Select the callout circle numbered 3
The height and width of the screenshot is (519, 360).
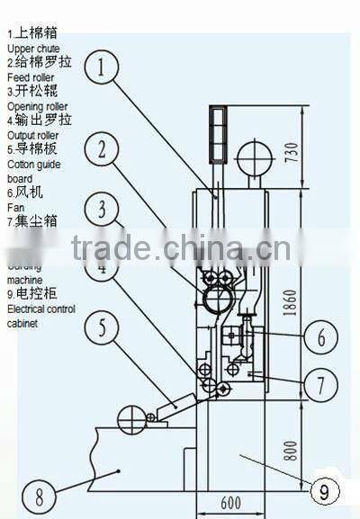pos(105,210)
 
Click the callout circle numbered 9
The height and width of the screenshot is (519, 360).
pos(320,491)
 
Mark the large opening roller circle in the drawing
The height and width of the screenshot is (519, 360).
pos(216,293)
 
